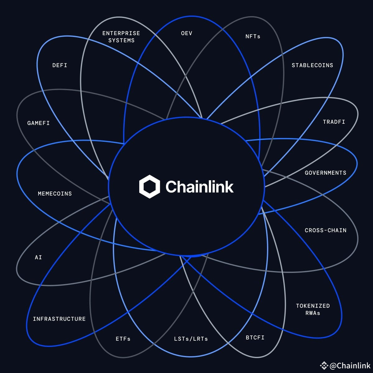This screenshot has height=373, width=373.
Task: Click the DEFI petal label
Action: click(60, 65)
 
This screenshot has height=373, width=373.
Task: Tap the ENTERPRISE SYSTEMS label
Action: click(121, 37)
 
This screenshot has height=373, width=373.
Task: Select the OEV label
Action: click(186, 33)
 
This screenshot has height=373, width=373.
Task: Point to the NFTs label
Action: click(253, 36)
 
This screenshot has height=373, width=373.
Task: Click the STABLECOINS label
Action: click(312, 65)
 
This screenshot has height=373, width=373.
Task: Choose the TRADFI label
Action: click(334, 122)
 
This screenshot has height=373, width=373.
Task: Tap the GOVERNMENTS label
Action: click(325, 173)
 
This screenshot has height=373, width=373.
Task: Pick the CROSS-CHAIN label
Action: click(325, 230)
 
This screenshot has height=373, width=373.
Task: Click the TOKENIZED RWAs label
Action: click(313, 309)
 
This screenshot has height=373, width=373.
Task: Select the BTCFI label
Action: click(255, 338)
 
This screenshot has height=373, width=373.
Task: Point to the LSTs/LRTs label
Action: click(191, 339)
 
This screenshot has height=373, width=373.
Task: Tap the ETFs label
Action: click(123, 339)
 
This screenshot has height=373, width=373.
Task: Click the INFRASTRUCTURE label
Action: click(59, 319)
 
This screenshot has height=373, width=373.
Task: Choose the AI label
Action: click(38, 257)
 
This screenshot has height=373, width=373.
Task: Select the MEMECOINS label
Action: click(55, 194)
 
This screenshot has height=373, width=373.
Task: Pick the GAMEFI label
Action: click(39, 123)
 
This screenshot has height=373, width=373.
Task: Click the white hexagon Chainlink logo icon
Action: click(150, 186)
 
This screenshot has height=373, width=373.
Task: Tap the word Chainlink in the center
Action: click(199, 186)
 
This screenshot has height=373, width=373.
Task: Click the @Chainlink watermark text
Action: click(350, 366)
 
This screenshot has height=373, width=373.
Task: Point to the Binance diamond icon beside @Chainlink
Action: click(324, 366)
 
